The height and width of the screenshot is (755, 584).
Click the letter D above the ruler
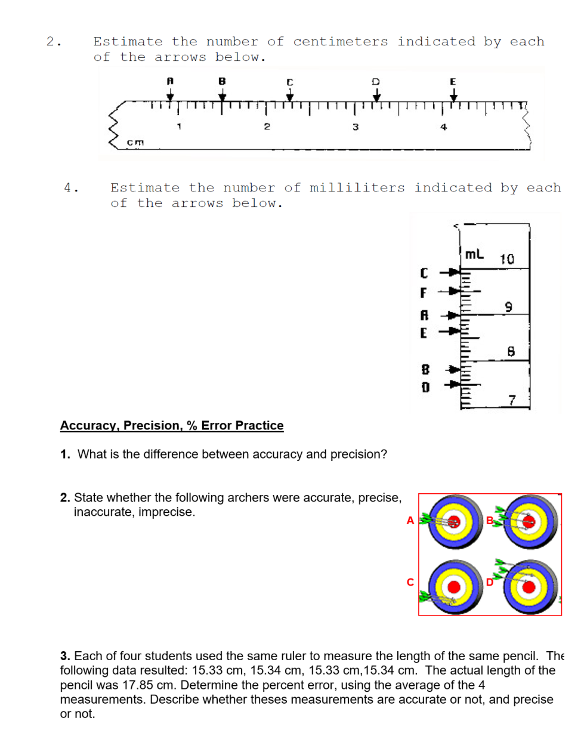(x=375, y=81)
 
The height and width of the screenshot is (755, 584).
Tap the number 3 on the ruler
(x=356, y=126)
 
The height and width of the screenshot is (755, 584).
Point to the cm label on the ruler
(x=135, y=142)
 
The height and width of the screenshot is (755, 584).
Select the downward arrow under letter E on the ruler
(x=453, y=94)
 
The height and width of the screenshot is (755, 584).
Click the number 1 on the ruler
(x=179, y=126)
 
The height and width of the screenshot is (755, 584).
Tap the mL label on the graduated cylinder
(x=474, y=254)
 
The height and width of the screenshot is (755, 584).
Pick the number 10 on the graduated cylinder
(x=506, y=259)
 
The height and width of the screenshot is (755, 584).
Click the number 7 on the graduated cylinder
(x=512, y=400)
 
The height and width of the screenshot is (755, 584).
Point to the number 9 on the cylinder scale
(x=508, y=307)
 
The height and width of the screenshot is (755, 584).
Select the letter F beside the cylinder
(x=424, y=293)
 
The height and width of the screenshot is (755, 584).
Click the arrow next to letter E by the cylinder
(x=452, y=331)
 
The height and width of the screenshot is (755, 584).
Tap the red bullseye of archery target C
(x=454, y=587)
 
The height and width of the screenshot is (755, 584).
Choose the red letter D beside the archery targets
(x=490, y=582)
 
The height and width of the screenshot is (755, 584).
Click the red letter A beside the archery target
(x=410, y=521)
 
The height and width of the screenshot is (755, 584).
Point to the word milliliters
(x=357, y=188)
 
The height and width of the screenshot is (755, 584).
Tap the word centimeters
(x=340, y=42)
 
